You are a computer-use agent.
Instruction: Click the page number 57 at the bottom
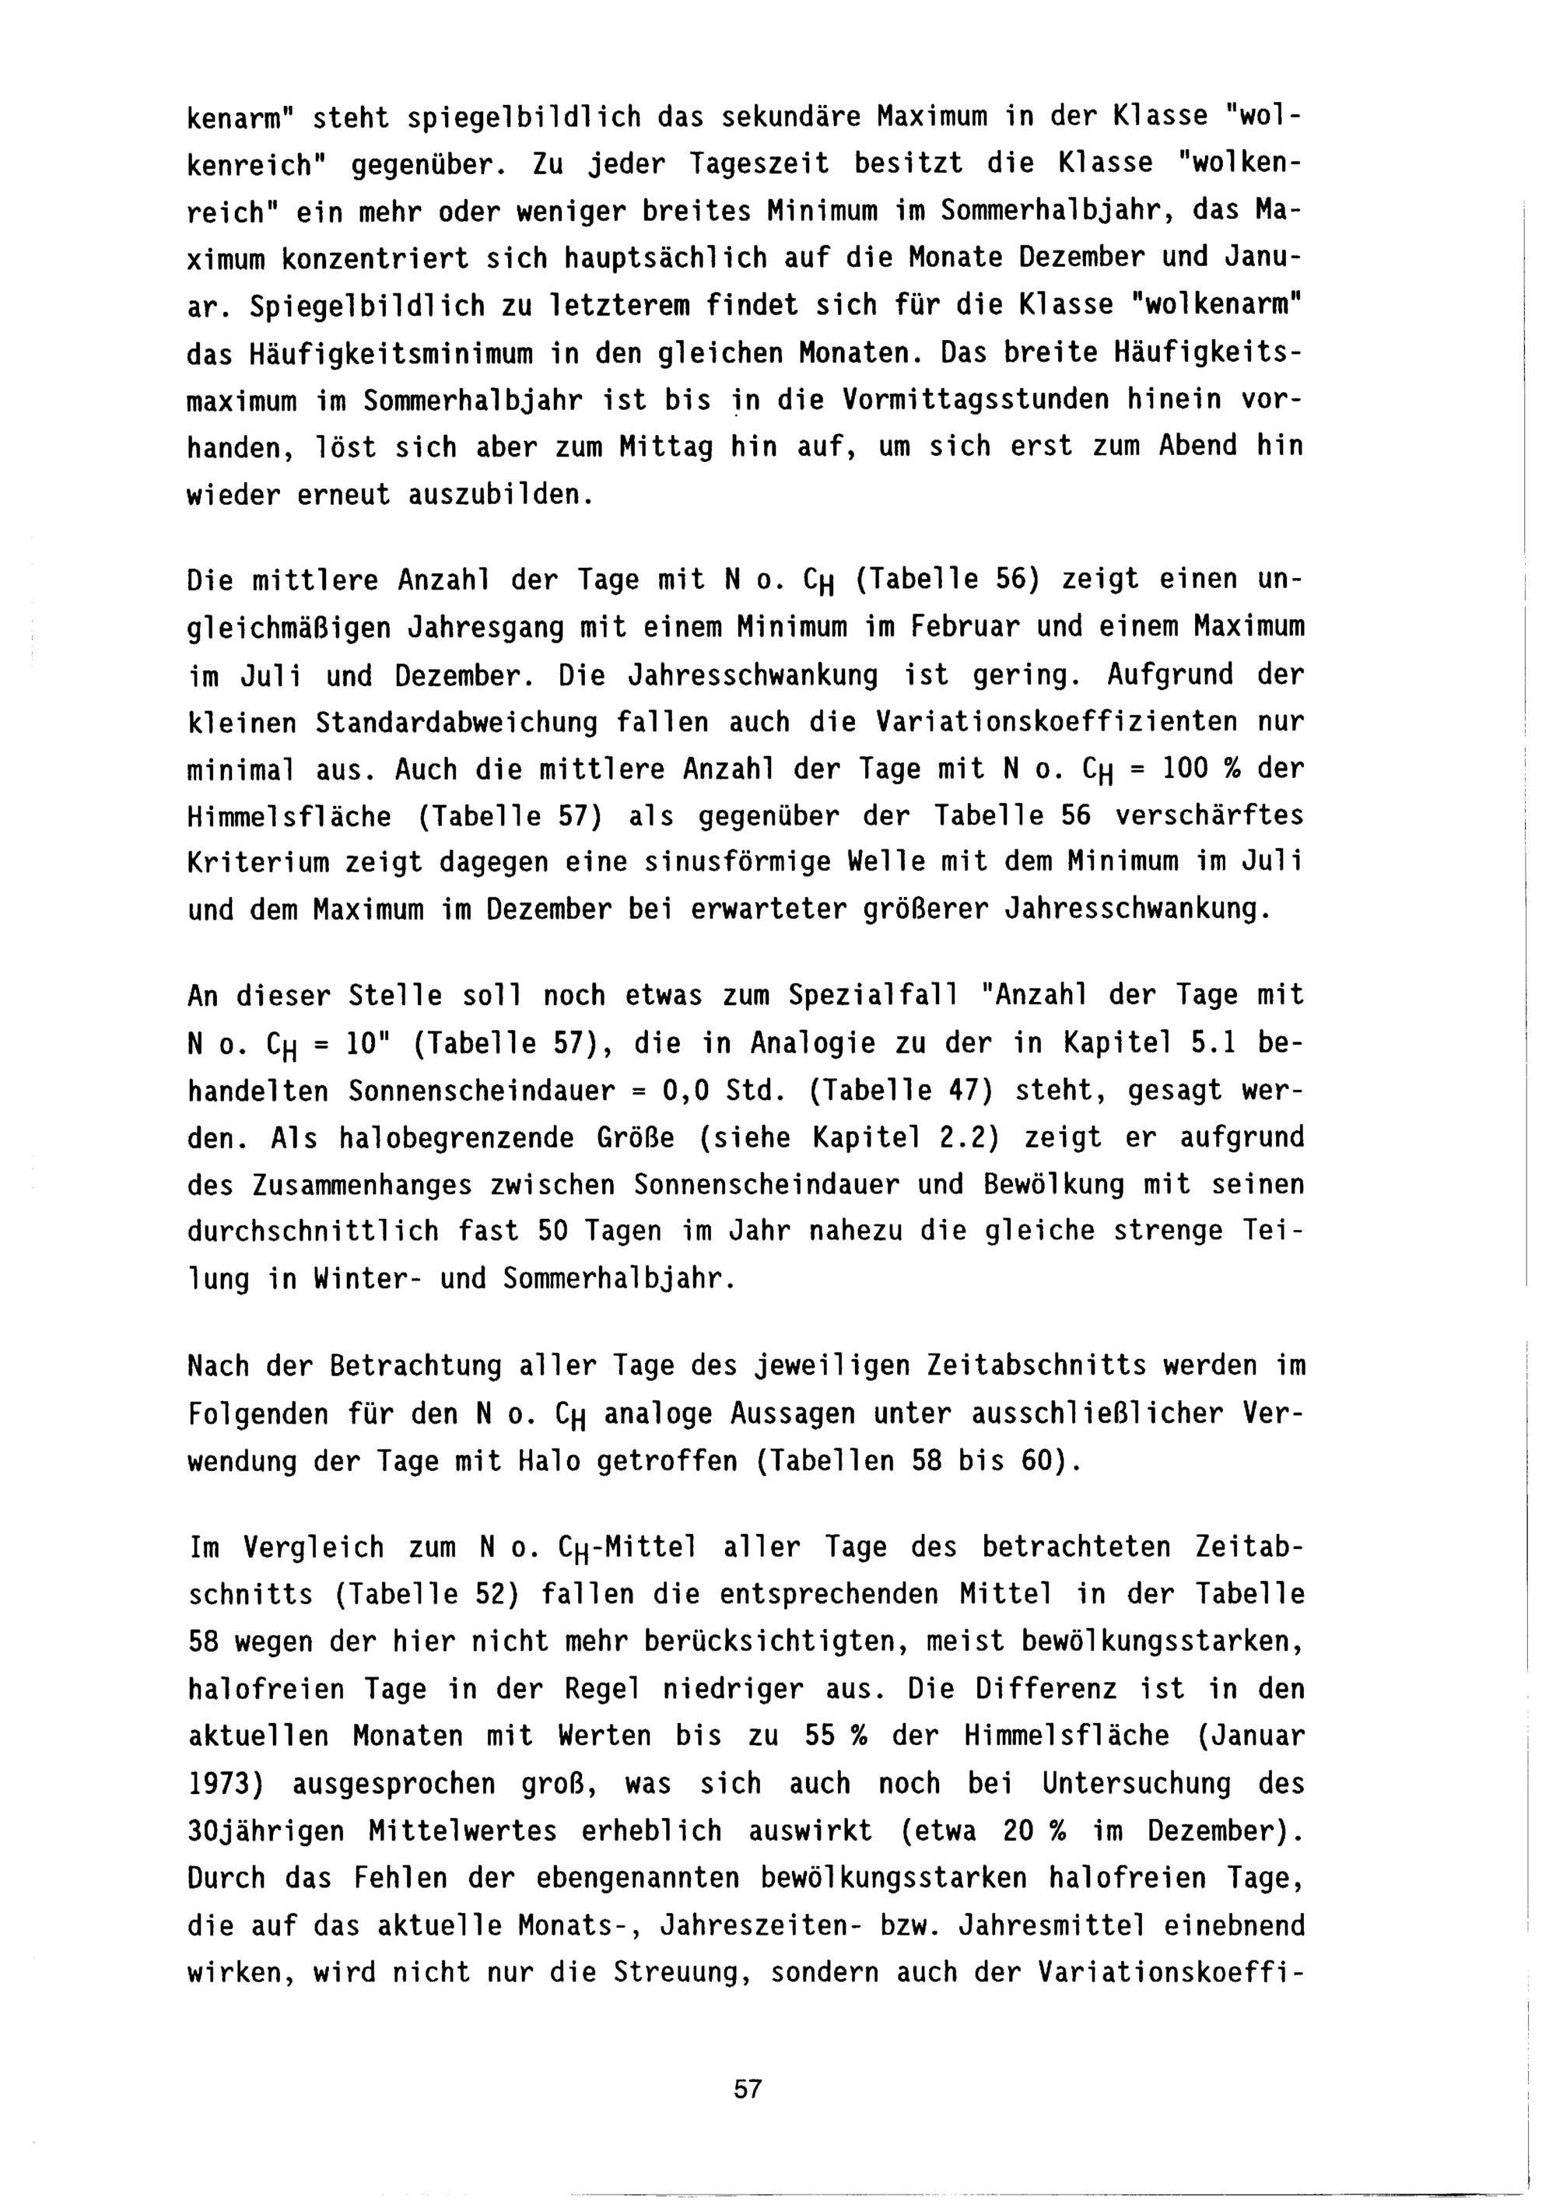[748, 2089]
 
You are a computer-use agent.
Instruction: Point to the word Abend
[1197, 447]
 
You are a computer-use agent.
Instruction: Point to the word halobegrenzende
[456, 1138]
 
